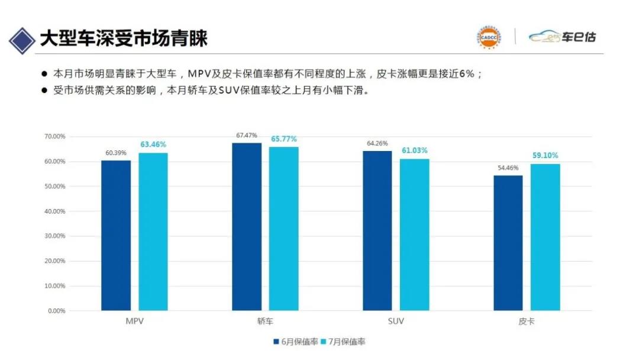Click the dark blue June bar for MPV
point(116,235)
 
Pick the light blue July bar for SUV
point(415,234)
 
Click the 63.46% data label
point(153,144)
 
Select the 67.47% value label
point(247,136)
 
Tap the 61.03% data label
point(415,150)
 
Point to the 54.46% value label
point(508,168)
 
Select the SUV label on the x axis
point(396,321)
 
